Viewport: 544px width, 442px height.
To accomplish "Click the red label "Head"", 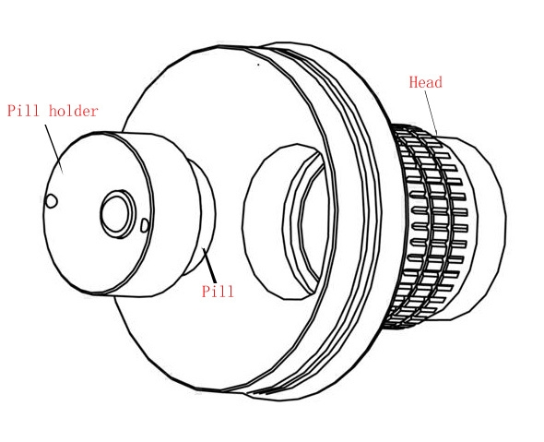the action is click(x=426, y=82).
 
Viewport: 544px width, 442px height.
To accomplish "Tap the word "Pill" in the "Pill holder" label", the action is click(x=23, y=111).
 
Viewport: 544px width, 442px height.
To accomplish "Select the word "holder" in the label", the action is click(x=74, y=111).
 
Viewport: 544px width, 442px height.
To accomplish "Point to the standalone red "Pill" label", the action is click(x=218, y=291).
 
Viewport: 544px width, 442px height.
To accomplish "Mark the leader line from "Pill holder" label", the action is click(x=53, y=149).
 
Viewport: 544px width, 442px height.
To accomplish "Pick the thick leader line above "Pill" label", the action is click(x=209, y=265).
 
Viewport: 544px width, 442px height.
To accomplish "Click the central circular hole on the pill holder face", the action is click(x=117, y=214).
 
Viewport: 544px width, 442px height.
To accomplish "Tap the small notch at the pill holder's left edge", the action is click(x=51, y=201).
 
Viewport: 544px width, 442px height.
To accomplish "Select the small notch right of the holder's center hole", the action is click(x=145, y=225).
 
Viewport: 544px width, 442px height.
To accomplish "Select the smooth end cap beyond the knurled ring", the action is click(x=486, y=227).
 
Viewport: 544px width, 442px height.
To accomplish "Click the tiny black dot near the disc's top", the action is click(x=258, y=65).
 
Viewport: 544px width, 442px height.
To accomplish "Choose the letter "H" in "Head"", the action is click(x=413, y=82).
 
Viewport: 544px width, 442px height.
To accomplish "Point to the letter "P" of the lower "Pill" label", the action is click(x=207, y=291).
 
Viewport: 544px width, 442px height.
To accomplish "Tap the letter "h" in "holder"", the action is click(x=53, y=111).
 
